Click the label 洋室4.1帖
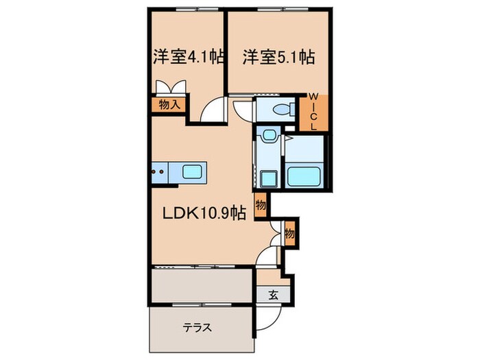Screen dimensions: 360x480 [182, 57]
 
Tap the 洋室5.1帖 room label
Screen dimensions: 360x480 [278, 57]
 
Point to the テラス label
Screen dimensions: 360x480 [196, 327]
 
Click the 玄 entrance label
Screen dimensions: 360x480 [272, 296]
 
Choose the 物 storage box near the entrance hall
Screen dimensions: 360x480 [289, 232]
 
